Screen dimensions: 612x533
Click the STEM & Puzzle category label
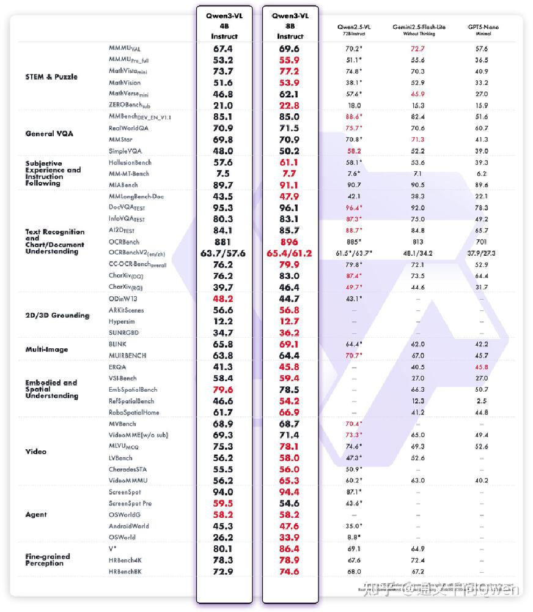point(51,77)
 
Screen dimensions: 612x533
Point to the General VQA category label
point(49,133)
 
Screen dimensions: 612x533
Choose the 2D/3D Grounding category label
point(57,316)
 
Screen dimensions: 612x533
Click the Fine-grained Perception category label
point(48,560)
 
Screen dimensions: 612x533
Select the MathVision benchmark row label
point(125,83)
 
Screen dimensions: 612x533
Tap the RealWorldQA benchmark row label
point(128,129)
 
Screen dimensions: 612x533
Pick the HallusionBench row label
point(130,163)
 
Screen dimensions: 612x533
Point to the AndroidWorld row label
point(128,526)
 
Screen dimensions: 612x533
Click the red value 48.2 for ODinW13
point(222,299)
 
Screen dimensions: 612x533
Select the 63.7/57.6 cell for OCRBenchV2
point(222,253)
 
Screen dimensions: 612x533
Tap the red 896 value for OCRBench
point(289,242)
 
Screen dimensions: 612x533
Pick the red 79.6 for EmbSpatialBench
point(222,390)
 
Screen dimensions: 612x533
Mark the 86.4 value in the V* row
point(289,549)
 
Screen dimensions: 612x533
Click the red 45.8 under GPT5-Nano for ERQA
point(482,367)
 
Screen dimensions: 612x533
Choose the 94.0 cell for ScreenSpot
point(222,492)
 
